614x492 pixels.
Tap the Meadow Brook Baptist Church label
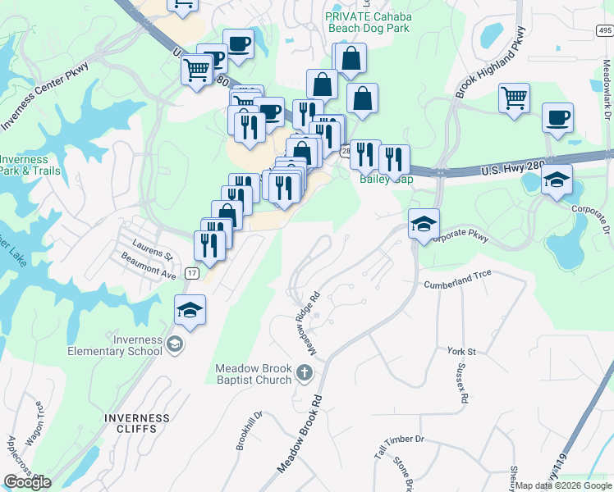coord(254,374)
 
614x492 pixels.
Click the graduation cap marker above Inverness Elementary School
coord(190,311)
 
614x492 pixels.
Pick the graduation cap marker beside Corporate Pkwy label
coord(424,223)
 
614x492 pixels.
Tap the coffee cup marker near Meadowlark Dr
coord(557,118)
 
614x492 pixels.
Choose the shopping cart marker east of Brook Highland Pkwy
coord(514,98)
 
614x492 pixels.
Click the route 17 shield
coord(192,273)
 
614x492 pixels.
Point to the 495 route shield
coord(603,30)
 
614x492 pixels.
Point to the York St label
coord(461,351)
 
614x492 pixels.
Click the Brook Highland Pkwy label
coord(490,61)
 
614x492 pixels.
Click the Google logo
coord(27,482)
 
